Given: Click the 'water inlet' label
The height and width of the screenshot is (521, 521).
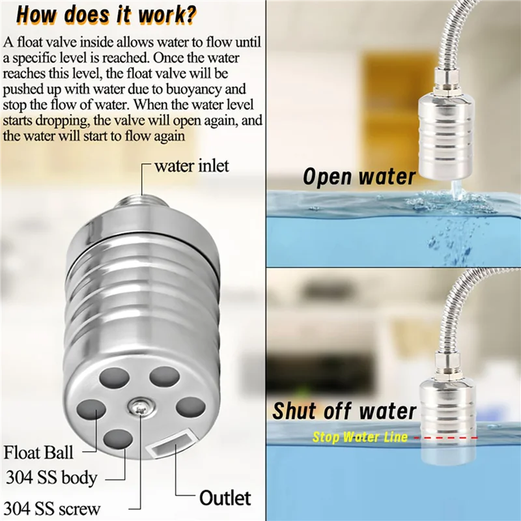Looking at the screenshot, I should click(191, 166).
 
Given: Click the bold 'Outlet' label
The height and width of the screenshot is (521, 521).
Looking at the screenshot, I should click(225, 498).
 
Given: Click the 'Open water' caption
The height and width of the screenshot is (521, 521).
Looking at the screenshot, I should click(359, 176).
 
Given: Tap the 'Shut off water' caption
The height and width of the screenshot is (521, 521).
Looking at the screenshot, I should click(344, 411).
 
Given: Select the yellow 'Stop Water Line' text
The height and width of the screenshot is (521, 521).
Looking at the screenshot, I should click(359, 437).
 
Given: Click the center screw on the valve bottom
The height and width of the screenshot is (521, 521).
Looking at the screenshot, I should click(139, 408).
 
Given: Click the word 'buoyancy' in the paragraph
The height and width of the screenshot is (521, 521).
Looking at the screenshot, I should click(198, 89).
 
